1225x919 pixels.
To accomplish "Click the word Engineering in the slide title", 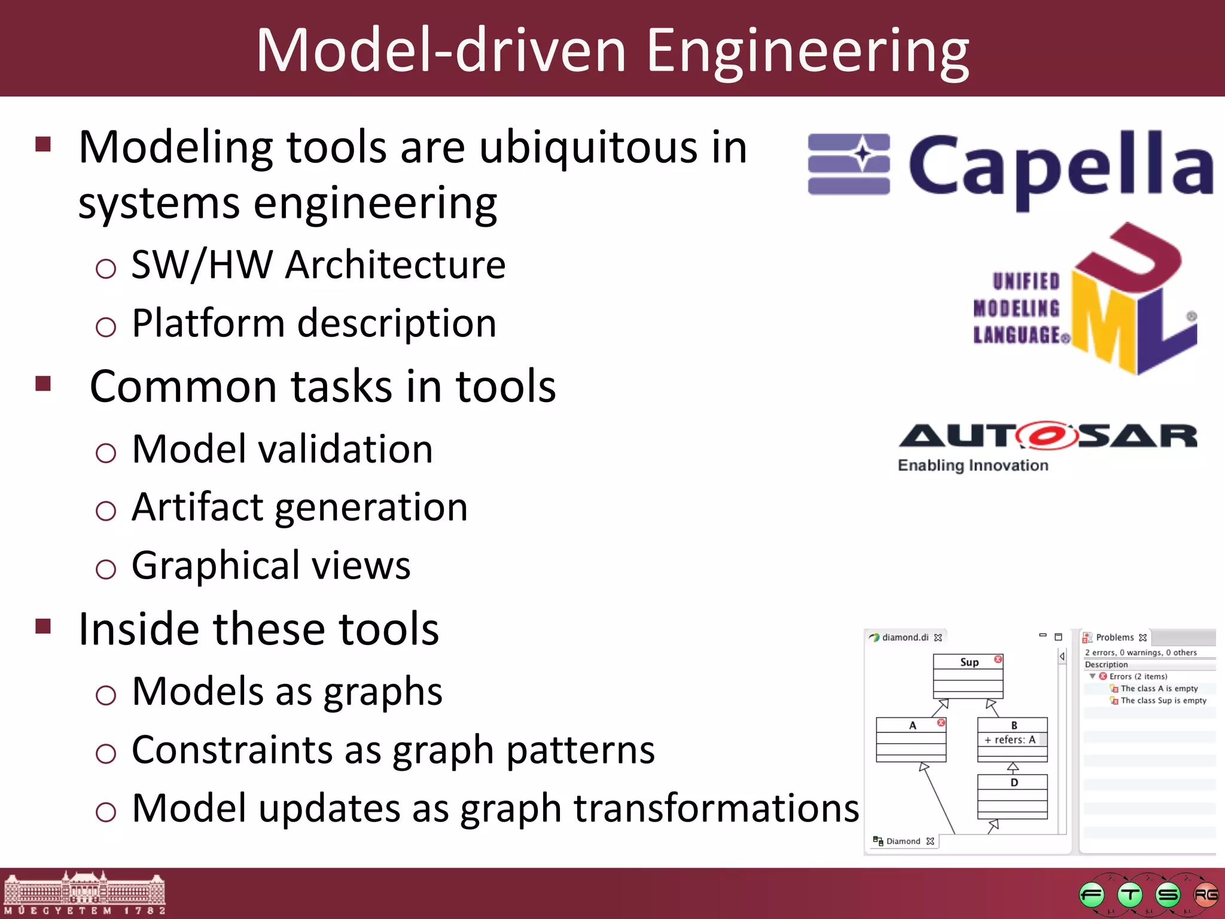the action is pyautogui.click(x=807, y=53).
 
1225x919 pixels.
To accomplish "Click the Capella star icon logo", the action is pyautogui.click(x=849, y=164).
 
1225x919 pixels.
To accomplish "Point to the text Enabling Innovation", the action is pyautogui.click(x=973, y=465).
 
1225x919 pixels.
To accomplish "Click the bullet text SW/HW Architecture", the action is pyautogui.click(x=318, y=264).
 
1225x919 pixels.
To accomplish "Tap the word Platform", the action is pyautogui.click(x=208, y=324).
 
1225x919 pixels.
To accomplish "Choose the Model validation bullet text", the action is pyautogui.click(x=282, y=449).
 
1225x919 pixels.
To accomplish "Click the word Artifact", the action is pyautogui.click(x=197, y=507).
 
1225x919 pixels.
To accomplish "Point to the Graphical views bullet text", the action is pyautogui.click(x=271, y=565).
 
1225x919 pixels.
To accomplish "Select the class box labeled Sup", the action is pyautogui.click(x=968, y=676).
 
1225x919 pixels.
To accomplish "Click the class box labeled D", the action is pyautogui.click(x=1012, y=796).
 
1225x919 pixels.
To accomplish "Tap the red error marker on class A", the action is pyautogui.click(x=941, y=723).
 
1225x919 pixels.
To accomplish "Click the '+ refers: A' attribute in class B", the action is pyautogui.click(x=1010, y=740).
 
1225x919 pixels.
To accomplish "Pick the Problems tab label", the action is pyautogui.click(x=1114, y=638).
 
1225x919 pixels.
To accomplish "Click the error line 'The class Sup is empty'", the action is pyautogui.click(x=1163, y=701).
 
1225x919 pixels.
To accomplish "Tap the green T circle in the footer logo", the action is pyautogui.click(x=1129, y=895).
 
